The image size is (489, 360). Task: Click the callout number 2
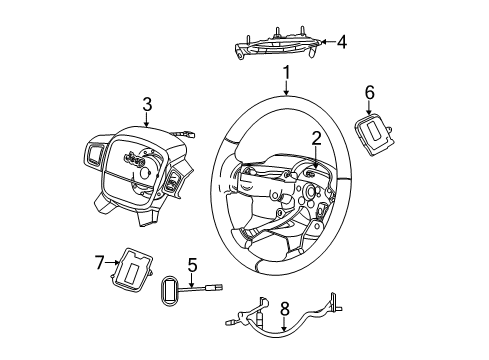pyautogui.click(x=315, y=139)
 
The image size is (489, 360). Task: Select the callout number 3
pyautogui.click(x=147, y=103)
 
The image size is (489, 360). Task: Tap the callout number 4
pyautogui.click(x=343, y=42)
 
